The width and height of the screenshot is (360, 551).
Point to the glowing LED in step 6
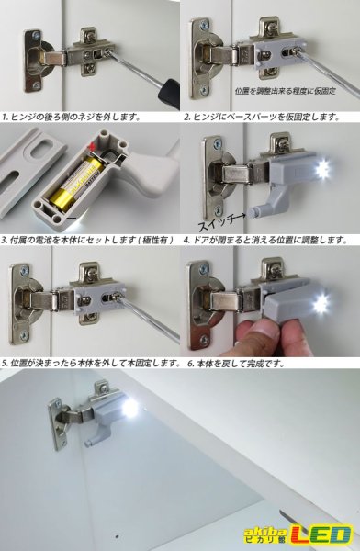click(321, 305)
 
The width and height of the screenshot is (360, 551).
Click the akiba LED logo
click(298, 534)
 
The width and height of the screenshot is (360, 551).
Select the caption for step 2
click(262, 118)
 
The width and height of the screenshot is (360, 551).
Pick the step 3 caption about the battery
click(88, 240)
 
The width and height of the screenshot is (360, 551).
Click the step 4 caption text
click(266, 240)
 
